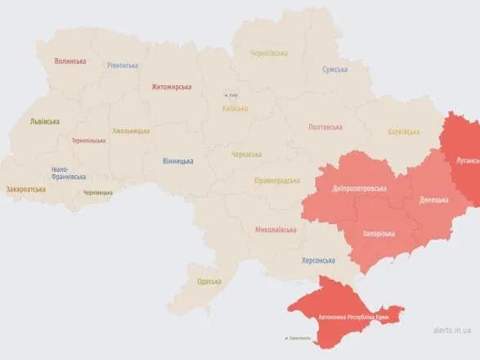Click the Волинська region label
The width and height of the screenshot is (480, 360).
(71, 61)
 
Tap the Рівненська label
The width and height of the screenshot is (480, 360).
(122, 65)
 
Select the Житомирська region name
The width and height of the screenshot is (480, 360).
(171, 86)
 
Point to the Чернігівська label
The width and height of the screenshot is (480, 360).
(269, 54)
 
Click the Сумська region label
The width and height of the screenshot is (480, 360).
(334, 70)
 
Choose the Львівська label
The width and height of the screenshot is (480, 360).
(44, 121)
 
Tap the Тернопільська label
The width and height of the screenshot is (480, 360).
(88, 141)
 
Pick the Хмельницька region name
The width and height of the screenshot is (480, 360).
(131, 131)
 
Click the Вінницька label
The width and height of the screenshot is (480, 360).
(178, 161)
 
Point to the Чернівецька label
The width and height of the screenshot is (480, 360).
(98, 193)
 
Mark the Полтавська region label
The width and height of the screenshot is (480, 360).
(325, 127)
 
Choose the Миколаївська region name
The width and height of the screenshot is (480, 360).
(276, 230)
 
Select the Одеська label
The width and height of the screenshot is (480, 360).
(209, 281)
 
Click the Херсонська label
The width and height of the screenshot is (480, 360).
(318, 260)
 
